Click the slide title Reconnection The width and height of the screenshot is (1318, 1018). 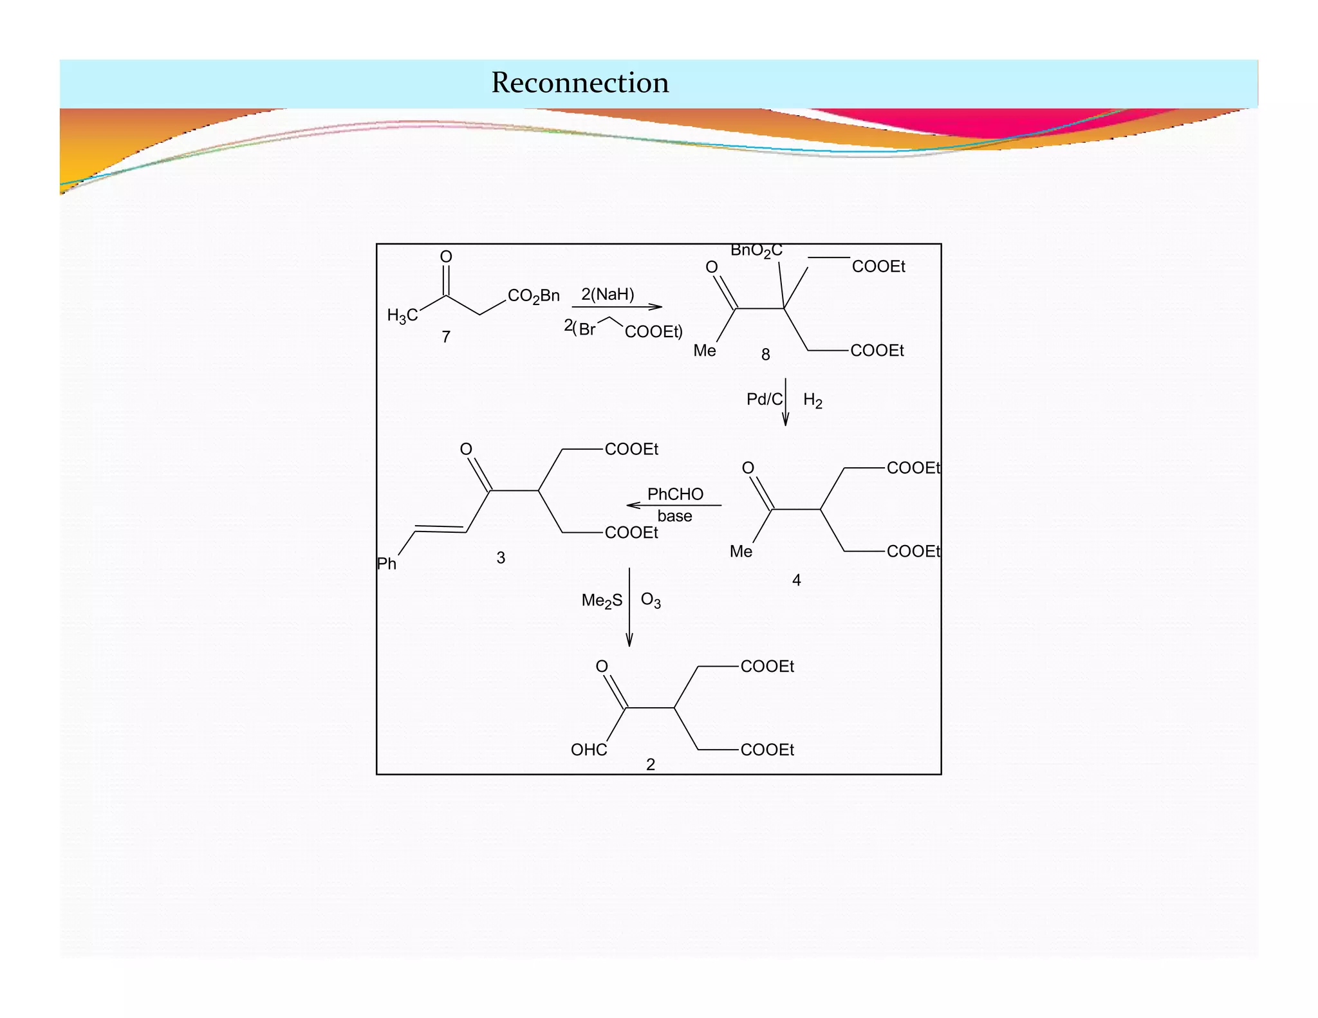point(580,83)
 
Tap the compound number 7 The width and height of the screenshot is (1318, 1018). point(446,337)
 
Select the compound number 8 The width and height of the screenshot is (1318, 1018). point(765,355)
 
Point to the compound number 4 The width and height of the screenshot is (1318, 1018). point(796,580)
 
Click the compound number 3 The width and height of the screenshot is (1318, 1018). point(501,558)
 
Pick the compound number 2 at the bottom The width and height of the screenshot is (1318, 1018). point(651,764)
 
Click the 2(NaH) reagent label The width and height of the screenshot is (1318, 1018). point(608,295)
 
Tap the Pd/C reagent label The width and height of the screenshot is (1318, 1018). point(764,400)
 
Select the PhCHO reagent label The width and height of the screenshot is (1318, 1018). point(675,494)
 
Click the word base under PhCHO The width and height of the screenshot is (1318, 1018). point(674,516)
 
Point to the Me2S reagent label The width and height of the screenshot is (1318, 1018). point(602,601)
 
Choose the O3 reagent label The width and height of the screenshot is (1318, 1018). point(651,600)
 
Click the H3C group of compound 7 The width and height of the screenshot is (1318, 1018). point(402,315)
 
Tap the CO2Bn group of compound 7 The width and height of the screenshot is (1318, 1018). point(534,296)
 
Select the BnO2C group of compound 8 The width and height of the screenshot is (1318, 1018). point(756,251)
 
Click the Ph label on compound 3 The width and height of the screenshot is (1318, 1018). point(387,564)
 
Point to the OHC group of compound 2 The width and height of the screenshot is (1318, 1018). point(589,750)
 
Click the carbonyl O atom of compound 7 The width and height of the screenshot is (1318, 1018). point(446,257)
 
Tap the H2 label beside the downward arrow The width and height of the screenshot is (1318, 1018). point(812,400)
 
